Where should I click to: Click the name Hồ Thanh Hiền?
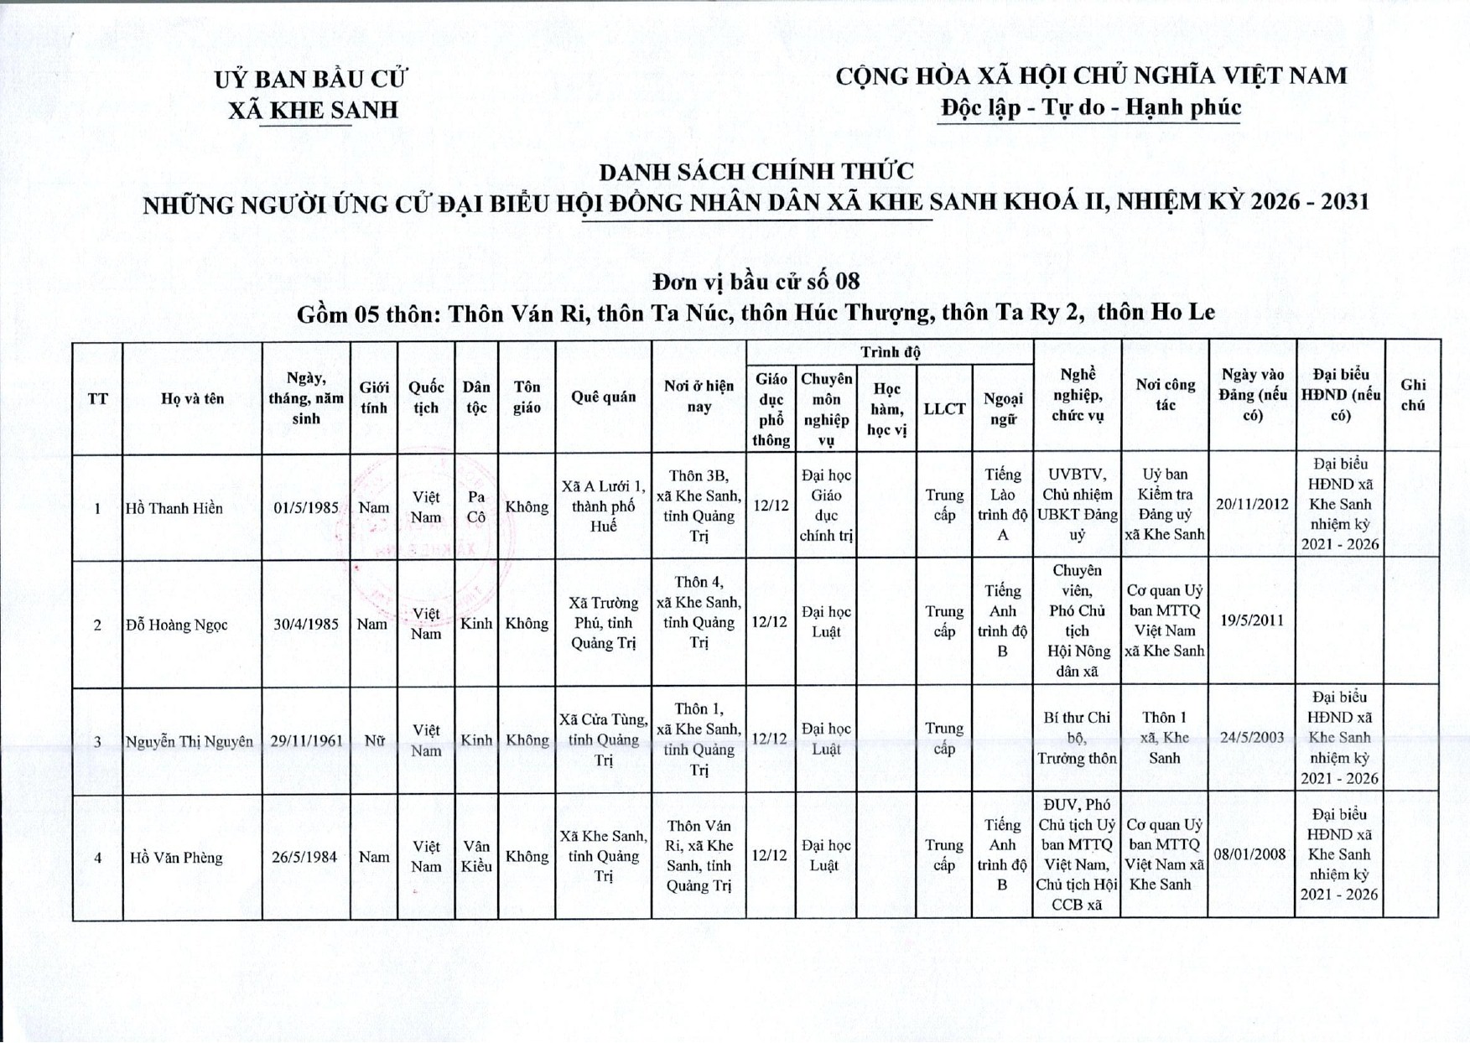(x=174, y=508)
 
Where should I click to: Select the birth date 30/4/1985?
(x=306, y=624)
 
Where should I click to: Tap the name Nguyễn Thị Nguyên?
(x=190, y=741)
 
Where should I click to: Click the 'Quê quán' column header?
(x=603, y=397)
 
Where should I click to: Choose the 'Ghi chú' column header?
(x=1412, y=395)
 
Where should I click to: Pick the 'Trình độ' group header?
(x=890, y=352)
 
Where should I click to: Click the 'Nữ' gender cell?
(x=374, y=740)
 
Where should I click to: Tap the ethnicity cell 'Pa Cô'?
(x=476, y=507)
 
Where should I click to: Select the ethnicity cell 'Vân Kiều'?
(x=476, y=856)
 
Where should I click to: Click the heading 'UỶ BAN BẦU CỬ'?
(x=310, y=80)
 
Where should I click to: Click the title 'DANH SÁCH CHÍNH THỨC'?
(x=756, y=171)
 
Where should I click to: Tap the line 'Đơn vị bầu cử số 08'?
(x=756, y=281)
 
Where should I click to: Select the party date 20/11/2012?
(x=1252, y=504)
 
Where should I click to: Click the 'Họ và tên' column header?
(x=192, y=399)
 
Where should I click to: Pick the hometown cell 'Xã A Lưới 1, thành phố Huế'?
(x=603, y=506)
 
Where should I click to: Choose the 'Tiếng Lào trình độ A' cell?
(x=1002, y=505)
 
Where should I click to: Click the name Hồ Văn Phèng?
(x=176, y=858)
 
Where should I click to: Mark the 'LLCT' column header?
(x=944, y=409)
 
